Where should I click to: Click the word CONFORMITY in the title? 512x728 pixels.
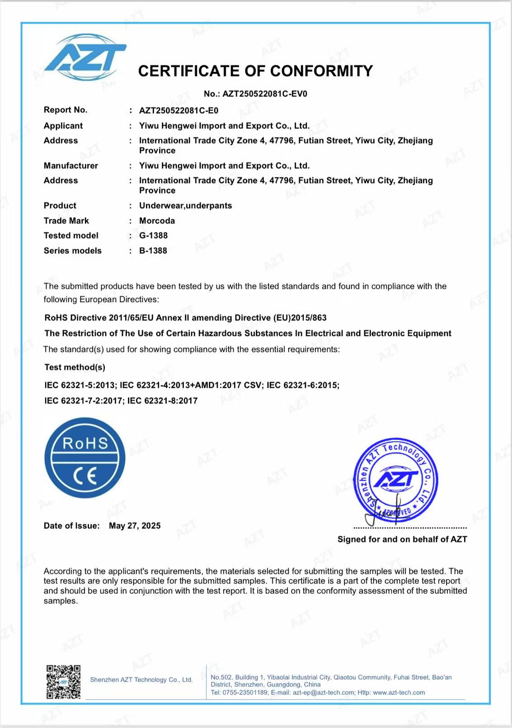point(321,71)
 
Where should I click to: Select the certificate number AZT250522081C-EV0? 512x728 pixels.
point(264,94)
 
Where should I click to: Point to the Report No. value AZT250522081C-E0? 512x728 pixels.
point(178,110)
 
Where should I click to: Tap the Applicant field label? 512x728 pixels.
point(63,126)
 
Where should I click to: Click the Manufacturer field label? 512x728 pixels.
point(71,166)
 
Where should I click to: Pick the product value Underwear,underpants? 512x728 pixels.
point(185,205)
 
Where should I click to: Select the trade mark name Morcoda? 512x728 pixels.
point(157,221)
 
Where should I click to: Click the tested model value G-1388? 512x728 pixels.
point(153,235)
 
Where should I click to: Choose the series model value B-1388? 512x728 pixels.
point(153,251)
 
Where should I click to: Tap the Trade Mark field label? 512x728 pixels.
point(66,221)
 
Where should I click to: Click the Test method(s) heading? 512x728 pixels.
point(75,367)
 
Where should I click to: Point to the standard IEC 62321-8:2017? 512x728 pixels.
point(162,400)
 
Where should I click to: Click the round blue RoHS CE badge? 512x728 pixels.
point(85,457)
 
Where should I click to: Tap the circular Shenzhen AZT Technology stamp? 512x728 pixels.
point(396,480)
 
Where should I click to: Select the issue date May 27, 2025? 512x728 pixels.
point(135,526)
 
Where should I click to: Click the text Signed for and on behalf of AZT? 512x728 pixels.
point(402,539)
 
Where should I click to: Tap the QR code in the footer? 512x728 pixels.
point(64,681)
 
